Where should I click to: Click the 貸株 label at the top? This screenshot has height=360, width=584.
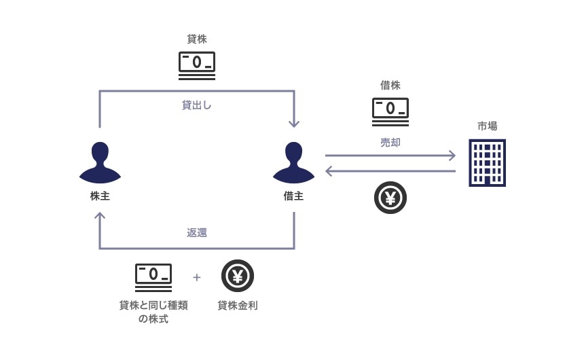point(197,39)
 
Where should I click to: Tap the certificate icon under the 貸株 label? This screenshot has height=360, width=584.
point(197,65)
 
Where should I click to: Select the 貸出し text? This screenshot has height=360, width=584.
point(197,105)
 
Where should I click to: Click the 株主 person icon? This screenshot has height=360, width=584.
point(100,163)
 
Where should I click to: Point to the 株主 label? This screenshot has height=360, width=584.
point(100,196)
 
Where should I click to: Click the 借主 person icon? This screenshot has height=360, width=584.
point(293,163)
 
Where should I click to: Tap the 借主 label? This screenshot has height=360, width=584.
point(293,196)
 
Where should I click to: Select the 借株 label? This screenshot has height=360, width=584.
point(390,86)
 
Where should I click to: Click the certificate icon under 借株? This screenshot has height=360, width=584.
point(390,111)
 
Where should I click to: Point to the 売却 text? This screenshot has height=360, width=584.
point(390,143)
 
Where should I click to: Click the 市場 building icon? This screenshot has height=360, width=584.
point(488,162)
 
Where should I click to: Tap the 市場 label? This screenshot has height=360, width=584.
point(488,126)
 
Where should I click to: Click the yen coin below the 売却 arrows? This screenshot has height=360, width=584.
point(390,198)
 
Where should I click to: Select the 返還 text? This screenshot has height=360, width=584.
point(197,232)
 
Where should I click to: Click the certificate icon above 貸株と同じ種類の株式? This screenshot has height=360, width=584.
point(153,277)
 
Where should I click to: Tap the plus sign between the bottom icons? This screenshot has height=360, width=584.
point(197,277)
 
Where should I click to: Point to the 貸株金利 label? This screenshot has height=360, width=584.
point(238,306)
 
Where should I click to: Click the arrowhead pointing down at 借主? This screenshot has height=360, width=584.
point(293,123)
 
